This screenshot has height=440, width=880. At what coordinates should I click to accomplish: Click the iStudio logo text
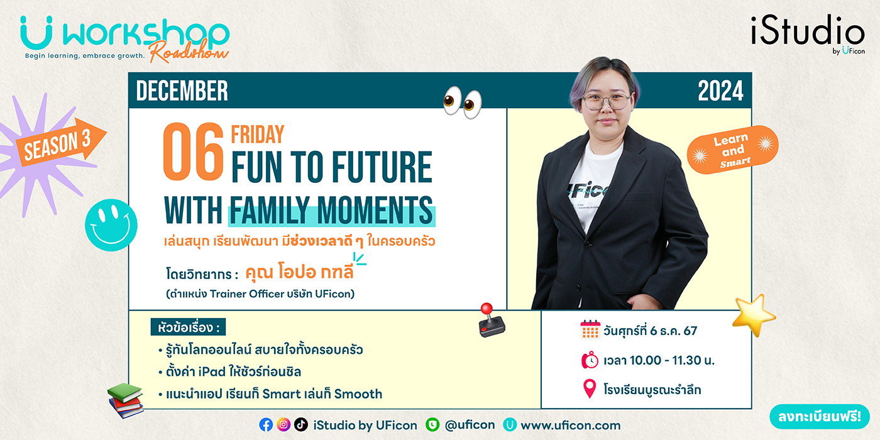tap(808, 31)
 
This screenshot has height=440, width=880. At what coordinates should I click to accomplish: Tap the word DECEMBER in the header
tap(182, 91)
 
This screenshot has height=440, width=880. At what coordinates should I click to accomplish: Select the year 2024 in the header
tap(720, 91)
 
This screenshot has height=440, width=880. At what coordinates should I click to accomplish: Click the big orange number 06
tap(194, 151)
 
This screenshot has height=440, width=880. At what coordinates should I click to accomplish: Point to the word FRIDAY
tap(257, 135)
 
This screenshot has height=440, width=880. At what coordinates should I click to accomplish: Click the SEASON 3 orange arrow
tap(61, 142)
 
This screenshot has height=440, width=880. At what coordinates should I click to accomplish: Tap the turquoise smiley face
tap(111, 225)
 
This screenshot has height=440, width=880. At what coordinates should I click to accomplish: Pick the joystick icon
tap(491, 320)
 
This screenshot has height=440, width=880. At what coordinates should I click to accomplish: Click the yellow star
tap(754, 315)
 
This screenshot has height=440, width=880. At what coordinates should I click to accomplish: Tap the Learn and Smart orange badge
tap(733, 150)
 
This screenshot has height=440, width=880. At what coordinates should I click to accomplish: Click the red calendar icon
tap(590, 329)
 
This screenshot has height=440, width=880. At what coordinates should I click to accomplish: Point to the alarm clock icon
tap(590, 360)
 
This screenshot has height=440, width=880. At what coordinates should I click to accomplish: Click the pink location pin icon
tap(590, 389)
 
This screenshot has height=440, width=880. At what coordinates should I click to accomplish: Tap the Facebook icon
tap(266, 425)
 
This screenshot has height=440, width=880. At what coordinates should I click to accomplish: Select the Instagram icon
tap(283, 425)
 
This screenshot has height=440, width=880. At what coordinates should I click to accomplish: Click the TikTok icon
tap(301, 425)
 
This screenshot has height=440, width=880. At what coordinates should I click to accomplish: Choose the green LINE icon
tap(432, 425)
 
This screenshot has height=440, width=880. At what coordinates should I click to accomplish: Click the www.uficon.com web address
tap(571, 425)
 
